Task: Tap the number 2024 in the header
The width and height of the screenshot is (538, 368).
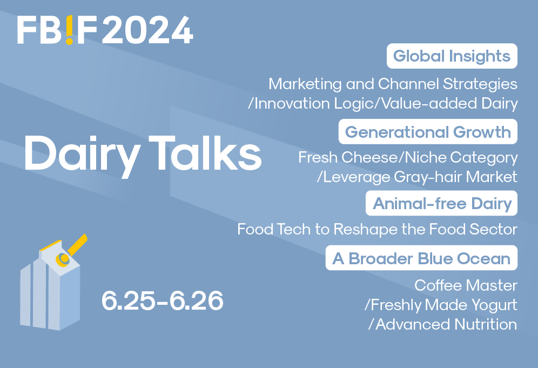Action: pyautogui.click(x=147, y=30)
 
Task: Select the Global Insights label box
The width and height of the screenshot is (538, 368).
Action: pyautogui.click(x=452, y=56)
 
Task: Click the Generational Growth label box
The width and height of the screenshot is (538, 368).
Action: pyautogui.click(x=428, y=132)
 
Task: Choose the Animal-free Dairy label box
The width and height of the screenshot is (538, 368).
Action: pyautogui.click(x=442, y=204)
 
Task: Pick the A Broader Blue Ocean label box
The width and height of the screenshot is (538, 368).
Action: pyautogui.click(x=421, y=258)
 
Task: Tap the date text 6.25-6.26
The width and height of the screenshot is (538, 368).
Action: pyautogui.click(x=162, y=301)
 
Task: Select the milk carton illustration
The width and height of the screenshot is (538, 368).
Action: pyautogui.click(x=51, y=286)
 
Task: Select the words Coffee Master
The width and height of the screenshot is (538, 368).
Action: pyautogui.click(x=466, y=285)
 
